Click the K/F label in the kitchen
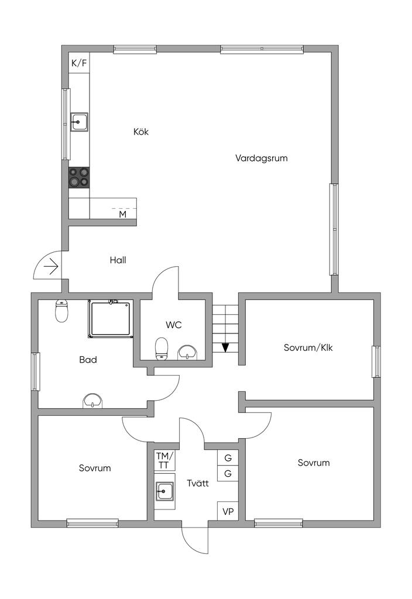click(x=79, y=63)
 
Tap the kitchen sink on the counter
click(x=79, y=122)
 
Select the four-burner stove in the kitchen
click(x=79, y=177)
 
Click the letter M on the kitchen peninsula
click(x=123, y=214)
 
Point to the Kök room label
click(x=141, y=132)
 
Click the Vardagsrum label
click(x=262, y=158)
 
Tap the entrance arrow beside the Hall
click(x=51, y=267)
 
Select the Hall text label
click(x=118, y=260)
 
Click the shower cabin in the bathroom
click(x=111, y=319)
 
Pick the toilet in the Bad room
click(x=61, y=311)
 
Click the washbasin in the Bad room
click(x=93, y=401)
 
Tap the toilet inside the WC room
click(x=161, y=349)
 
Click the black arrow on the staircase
click(x=225, y=347)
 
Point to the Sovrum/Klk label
click(x=308, y=347)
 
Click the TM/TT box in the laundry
click(x=164, y=460)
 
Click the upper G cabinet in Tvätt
click(x=228, y=457)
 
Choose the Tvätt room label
click(x=198, y=483)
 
